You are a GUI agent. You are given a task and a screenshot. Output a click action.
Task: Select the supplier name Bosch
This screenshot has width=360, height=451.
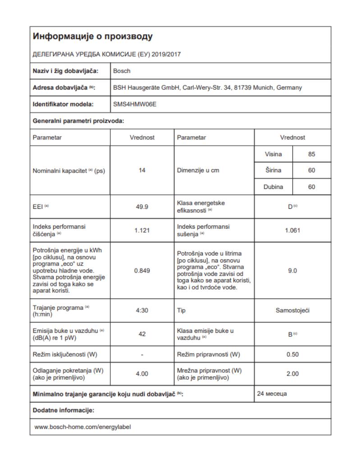122,71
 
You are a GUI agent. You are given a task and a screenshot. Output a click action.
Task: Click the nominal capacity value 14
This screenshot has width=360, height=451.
142,171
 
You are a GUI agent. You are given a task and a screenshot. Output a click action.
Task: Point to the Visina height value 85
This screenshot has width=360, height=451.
311,154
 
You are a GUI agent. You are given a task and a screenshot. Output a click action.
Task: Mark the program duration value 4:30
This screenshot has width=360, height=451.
142,311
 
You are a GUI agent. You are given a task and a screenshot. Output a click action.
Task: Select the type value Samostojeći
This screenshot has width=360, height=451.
293,311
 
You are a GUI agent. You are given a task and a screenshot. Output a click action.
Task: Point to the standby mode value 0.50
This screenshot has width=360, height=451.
293,354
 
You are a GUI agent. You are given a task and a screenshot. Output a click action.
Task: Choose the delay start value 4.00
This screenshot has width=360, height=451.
142,374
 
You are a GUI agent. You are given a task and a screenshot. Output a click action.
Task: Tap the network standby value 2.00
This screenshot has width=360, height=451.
293,374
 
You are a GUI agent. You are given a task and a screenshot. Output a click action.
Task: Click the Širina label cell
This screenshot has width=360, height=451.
273,171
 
